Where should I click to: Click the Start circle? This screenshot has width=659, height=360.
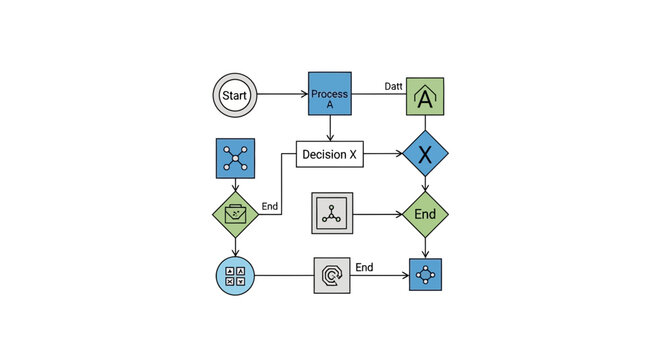point(235,97)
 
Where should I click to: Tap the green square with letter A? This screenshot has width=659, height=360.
point(425,98)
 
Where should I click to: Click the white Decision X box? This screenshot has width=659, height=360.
point(329,155)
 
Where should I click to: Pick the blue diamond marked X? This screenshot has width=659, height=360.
point(425,155)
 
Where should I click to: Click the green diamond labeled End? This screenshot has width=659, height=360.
point(425,214)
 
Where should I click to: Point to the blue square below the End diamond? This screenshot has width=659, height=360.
point(425,275)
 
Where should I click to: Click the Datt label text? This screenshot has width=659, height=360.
point(394,87)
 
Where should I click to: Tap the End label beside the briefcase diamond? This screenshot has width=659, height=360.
point(270,206)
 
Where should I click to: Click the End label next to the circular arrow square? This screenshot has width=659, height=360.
point(365,267)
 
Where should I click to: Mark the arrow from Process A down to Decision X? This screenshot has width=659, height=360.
point(329,128)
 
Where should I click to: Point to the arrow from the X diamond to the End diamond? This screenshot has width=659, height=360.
point(425,184)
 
